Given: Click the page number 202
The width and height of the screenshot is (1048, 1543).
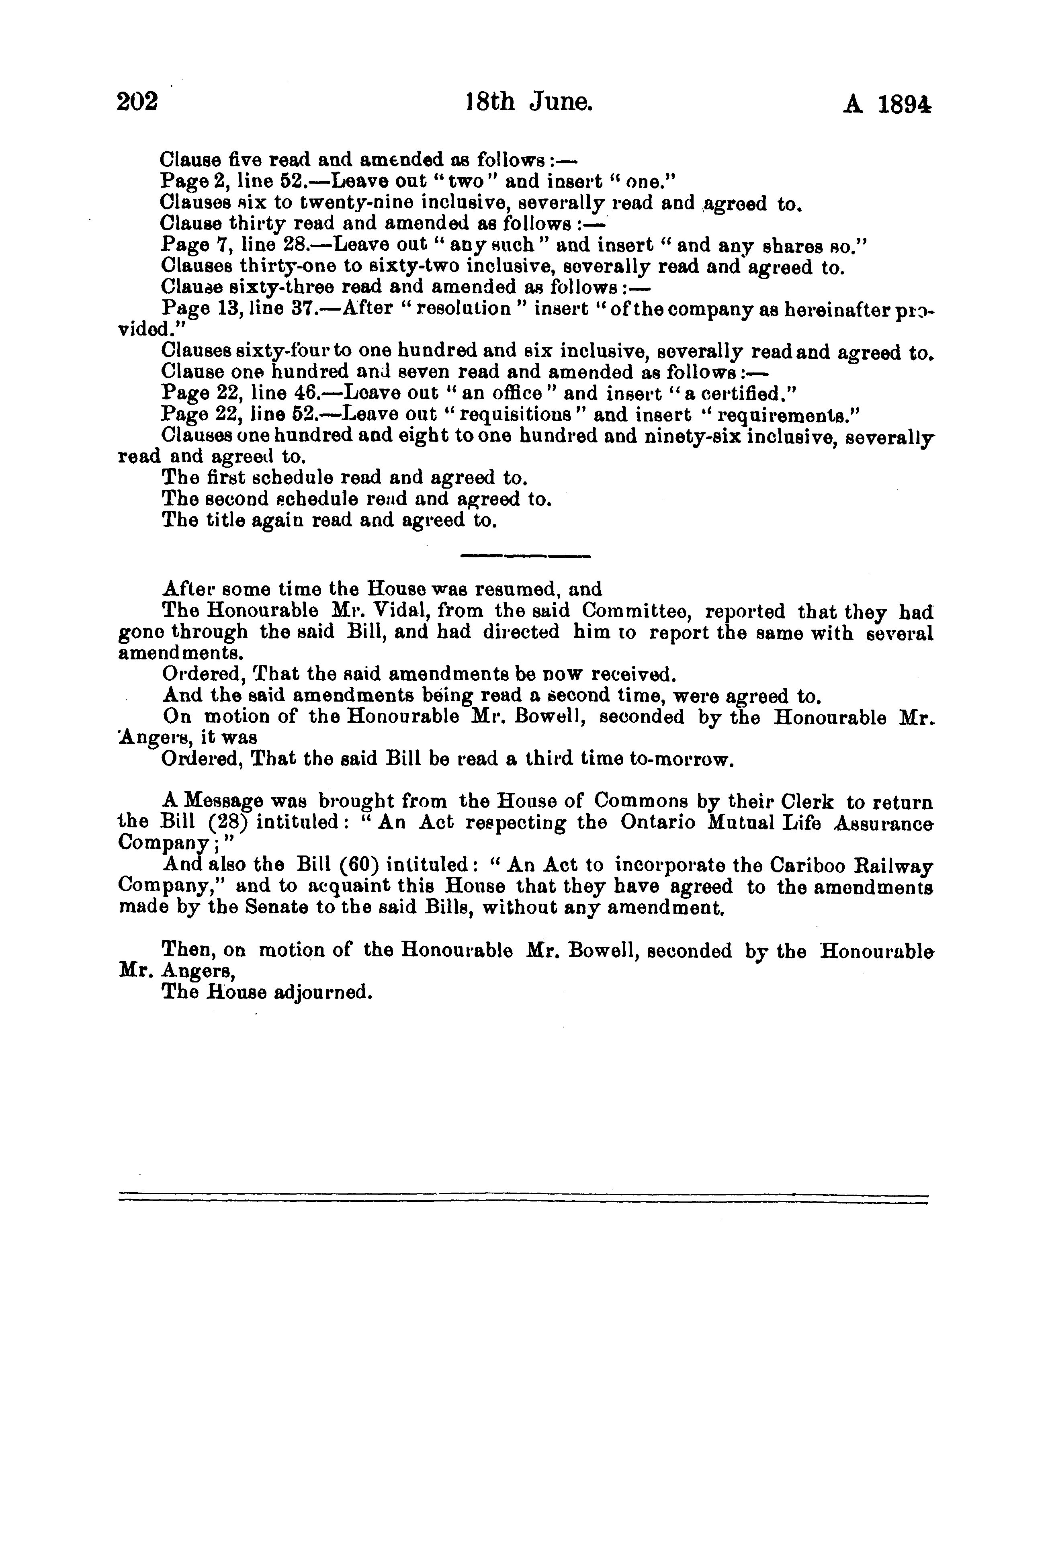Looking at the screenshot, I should pos(137,103).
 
